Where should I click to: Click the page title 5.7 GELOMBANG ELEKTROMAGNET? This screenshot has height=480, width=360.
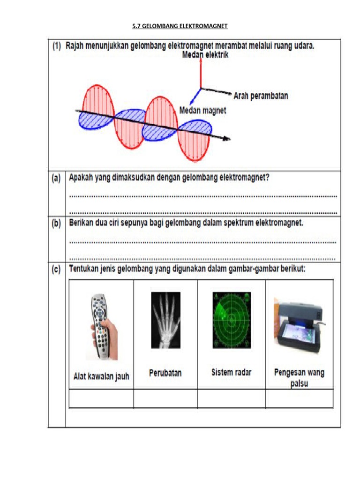coord(180,27)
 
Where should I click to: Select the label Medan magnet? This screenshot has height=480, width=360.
coord(203,111)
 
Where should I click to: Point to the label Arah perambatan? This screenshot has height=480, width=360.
coord(261,96)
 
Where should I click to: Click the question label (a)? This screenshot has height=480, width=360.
coord(57,178)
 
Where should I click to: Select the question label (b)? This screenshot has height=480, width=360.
coord(57,224)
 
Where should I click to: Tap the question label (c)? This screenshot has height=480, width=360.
coord(57,270)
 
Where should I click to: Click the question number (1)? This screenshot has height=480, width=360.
coord(57,46)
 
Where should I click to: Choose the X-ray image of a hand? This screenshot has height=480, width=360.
coord(165,320)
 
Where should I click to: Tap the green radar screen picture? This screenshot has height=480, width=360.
coord(231,320)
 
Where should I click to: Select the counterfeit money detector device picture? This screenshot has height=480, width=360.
coord(298,323)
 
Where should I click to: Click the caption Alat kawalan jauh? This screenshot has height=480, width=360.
coord(101,376)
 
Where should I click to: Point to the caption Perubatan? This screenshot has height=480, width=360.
coord(165,373)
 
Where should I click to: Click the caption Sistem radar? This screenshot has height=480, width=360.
coord(231,373)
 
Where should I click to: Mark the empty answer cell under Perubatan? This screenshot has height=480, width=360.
coord(165,398)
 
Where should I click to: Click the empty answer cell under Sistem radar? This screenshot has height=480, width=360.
coord(231,398)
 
